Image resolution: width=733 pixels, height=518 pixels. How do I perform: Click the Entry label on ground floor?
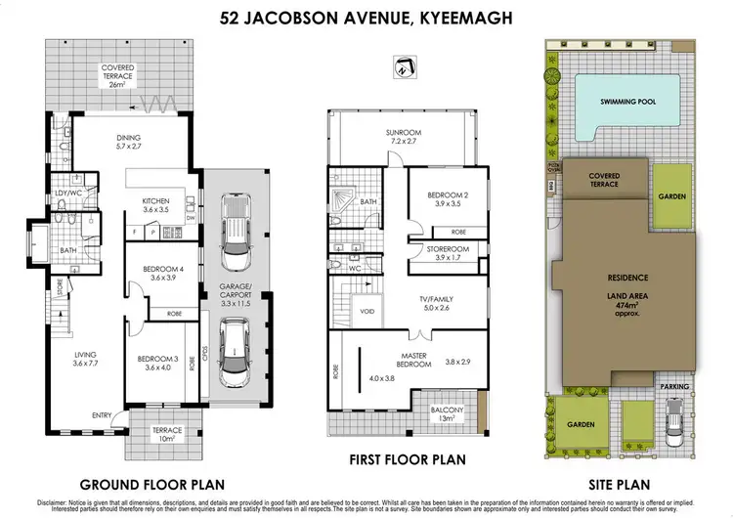103,415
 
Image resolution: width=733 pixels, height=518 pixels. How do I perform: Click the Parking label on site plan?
674,387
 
